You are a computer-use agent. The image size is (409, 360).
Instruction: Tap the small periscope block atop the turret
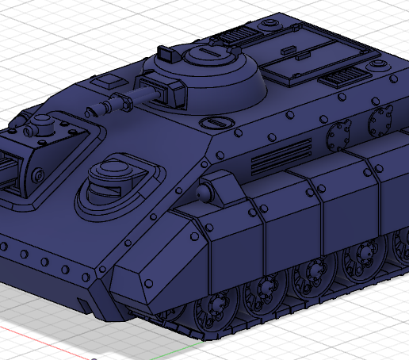click(167, 53)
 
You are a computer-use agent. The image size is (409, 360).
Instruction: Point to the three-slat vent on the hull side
click(281, 155)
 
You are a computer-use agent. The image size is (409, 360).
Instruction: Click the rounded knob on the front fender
click(205, 192)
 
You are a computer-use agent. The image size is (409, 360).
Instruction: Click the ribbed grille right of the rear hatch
click(342, 77)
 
